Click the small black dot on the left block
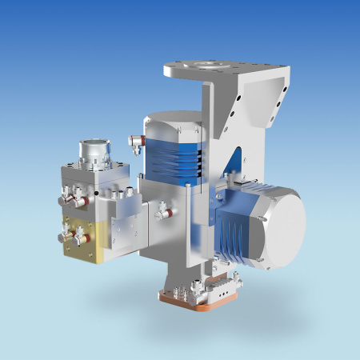96,193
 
